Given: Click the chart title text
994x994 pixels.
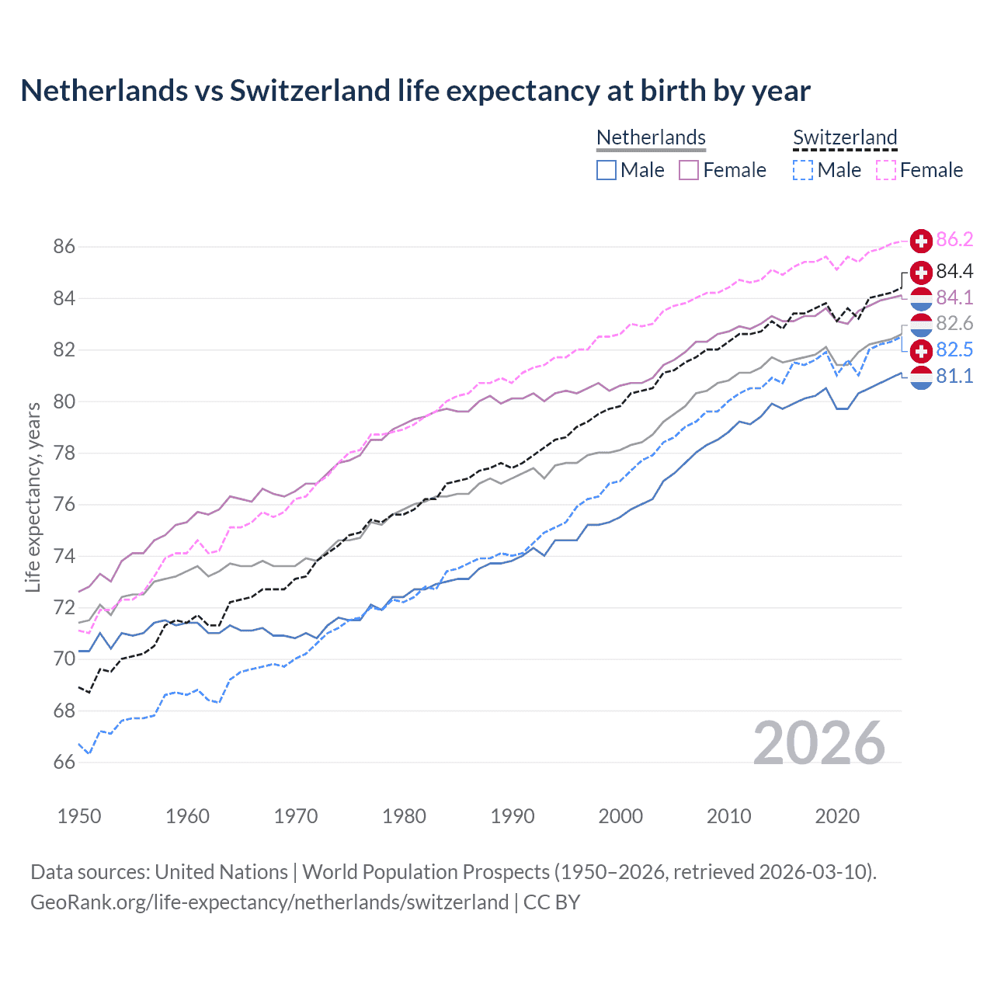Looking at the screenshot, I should tap(415, 91).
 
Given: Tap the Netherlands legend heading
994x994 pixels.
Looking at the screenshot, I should tap(651, 137).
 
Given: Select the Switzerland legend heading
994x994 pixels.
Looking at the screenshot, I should tap(845, 137).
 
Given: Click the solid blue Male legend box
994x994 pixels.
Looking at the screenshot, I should tap(606, 170).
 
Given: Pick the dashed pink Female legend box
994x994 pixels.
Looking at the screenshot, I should tap(886, 170).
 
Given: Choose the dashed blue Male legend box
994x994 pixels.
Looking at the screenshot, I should tap(803, 170).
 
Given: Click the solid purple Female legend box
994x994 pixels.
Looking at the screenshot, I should tap(690, 170).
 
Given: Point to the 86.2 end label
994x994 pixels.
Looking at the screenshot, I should tap(954, 239).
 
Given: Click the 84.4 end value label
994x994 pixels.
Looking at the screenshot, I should tap(954, 271).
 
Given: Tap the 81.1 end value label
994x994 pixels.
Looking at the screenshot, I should tap(954, 376).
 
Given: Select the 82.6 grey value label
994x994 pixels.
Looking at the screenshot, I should tap(954, 323).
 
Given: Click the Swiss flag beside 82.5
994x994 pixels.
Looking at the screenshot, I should tap(921, 350).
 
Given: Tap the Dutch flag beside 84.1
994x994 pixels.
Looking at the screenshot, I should tap(921, 298).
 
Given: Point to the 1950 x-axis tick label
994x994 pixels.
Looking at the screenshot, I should tap(79, 816).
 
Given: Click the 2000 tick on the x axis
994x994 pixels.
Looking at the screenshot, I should tap(620, 816).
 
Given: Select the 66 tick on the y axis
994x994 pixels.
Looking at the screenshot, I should tap(64, 762).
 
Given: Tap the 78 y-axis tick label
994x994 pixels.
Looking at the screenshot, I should tap(64, 453).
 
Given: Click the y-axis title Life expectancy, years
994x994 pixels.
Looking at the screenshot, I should tap(33, 497).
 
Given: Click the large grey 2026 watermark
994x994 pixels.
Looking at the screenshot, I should tap(819, 743).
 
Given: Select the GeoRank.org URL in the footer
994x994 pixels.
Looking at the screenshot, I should tap(269, 902).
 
